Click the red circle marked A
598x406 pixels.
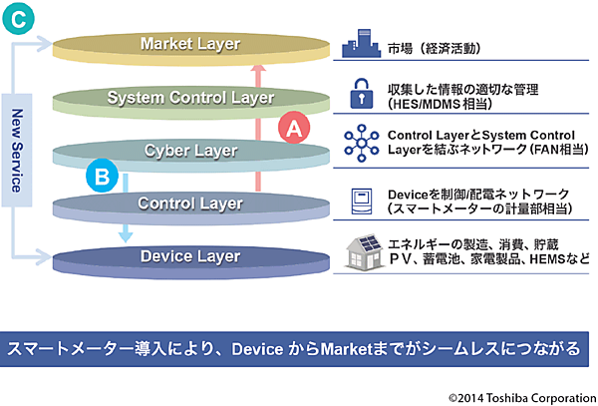point(293,128)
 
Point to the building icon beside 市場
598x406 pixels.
point(358,47)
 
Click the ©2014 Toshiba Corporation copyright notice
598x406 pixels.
point(518,394)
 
